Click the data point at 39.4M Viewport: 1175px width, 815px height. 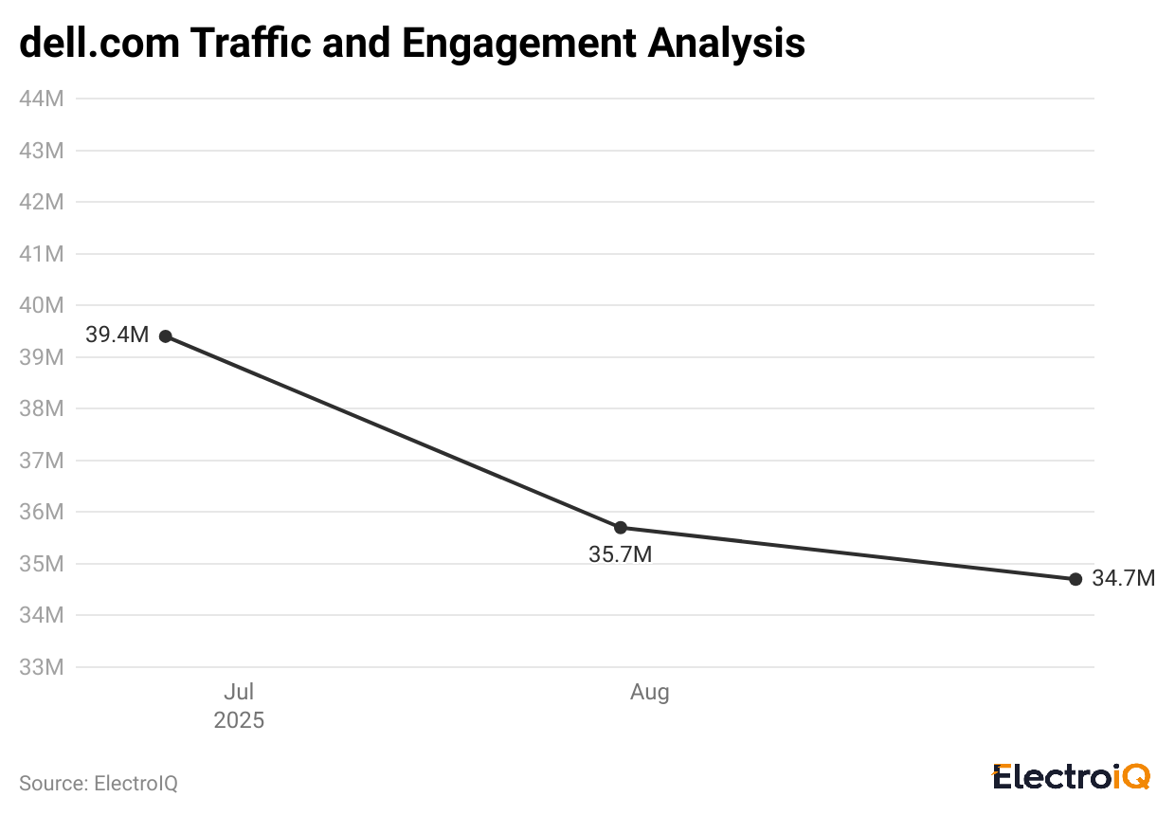166,336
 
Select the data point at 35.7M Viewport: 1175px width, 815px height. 621,528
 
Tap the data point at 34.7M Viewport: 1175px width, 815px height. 1076,579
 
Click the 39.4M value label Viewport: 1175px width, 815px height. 117,335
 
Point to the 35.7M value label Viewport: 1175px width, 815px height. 620,555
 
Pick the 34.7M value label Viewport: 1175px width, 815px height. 1123,578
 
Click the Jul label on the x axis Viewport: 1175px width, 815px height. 239,693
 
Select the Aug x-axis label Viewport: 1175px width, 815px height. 650,693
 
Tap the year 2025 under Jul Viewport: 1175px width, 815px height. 239,720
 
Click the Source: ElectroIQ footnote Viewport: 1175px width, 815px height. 99,784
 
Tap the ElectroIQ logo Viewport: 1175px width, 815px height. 1072,777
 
